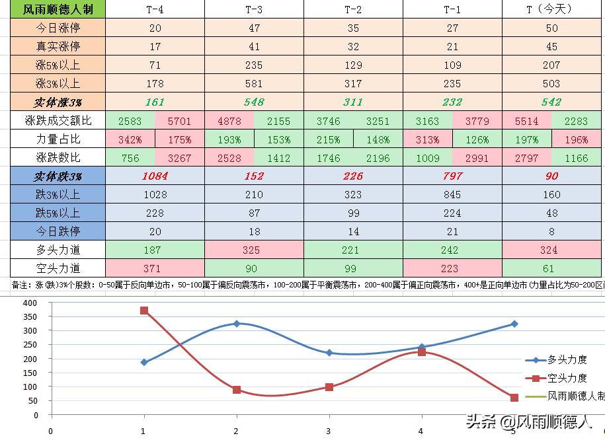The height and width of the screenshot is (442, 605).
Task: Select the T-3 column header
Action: coord(254,9)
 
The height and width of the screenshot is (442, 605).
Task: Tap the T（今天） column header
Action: coord(551,9)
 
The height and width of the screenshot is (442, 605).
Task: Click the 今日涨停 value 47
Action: coord(254,28)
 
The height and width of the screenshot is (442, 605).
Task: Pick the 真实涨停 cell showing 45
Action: coord(551,46)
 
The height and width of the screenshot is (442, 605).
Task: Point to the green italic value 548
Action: coord(254,102)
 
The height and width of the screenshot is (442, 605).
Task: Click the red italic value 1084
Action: coord(155,176)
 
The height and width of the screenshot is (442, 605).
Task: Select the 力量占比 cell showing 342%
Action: coord(130,139)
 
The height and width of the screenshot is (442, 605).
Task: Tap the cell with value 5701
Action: coord(179,121)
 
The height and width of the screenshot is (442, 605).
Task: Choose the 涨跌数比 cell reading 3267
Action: coord(179,158)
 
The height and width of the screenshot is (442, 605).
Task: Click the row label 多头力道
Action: coord(58,250)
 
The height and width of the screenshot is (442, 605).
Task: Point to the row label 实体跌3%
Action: coord(58,176)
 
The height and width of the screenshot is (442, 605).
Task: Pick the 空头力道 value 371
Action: coord(155,268)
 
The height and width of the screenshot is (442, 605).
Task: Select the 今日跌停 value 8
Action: coord(551,231)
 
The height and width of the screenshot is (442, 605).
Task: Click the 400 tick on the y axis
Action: coord(29,303)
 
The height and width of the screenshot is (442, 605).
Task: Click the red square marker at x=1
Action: coord(144,311)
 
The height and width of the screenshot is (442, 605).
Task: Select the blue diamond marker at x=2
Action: coord(237,324)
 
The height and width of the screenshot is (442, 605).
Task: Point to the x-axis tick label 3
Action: coord(329,431)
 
